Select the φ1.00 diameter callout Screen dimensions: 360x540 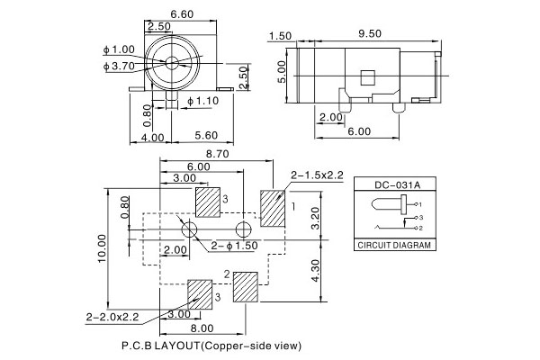pyautogui.click(x=120, y=49)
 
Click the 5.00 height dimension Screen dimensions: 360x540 pyautogui.click(x=282, y=68)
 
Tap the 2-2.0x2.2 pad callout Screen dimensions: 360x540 pyautogui.click(x=112, y=316)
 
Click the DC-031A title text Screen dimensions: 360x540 pyautogui.click(x=391, y=184)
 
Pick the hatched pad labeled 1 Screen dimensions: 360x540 pyautogui.click(x=272, y=208)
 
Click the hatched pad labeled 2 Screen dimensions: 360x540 pyautogui.click(x=245, y=287)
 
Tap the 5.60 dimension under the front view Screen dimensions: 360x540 pyautogui.click(x=205, y=137)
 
